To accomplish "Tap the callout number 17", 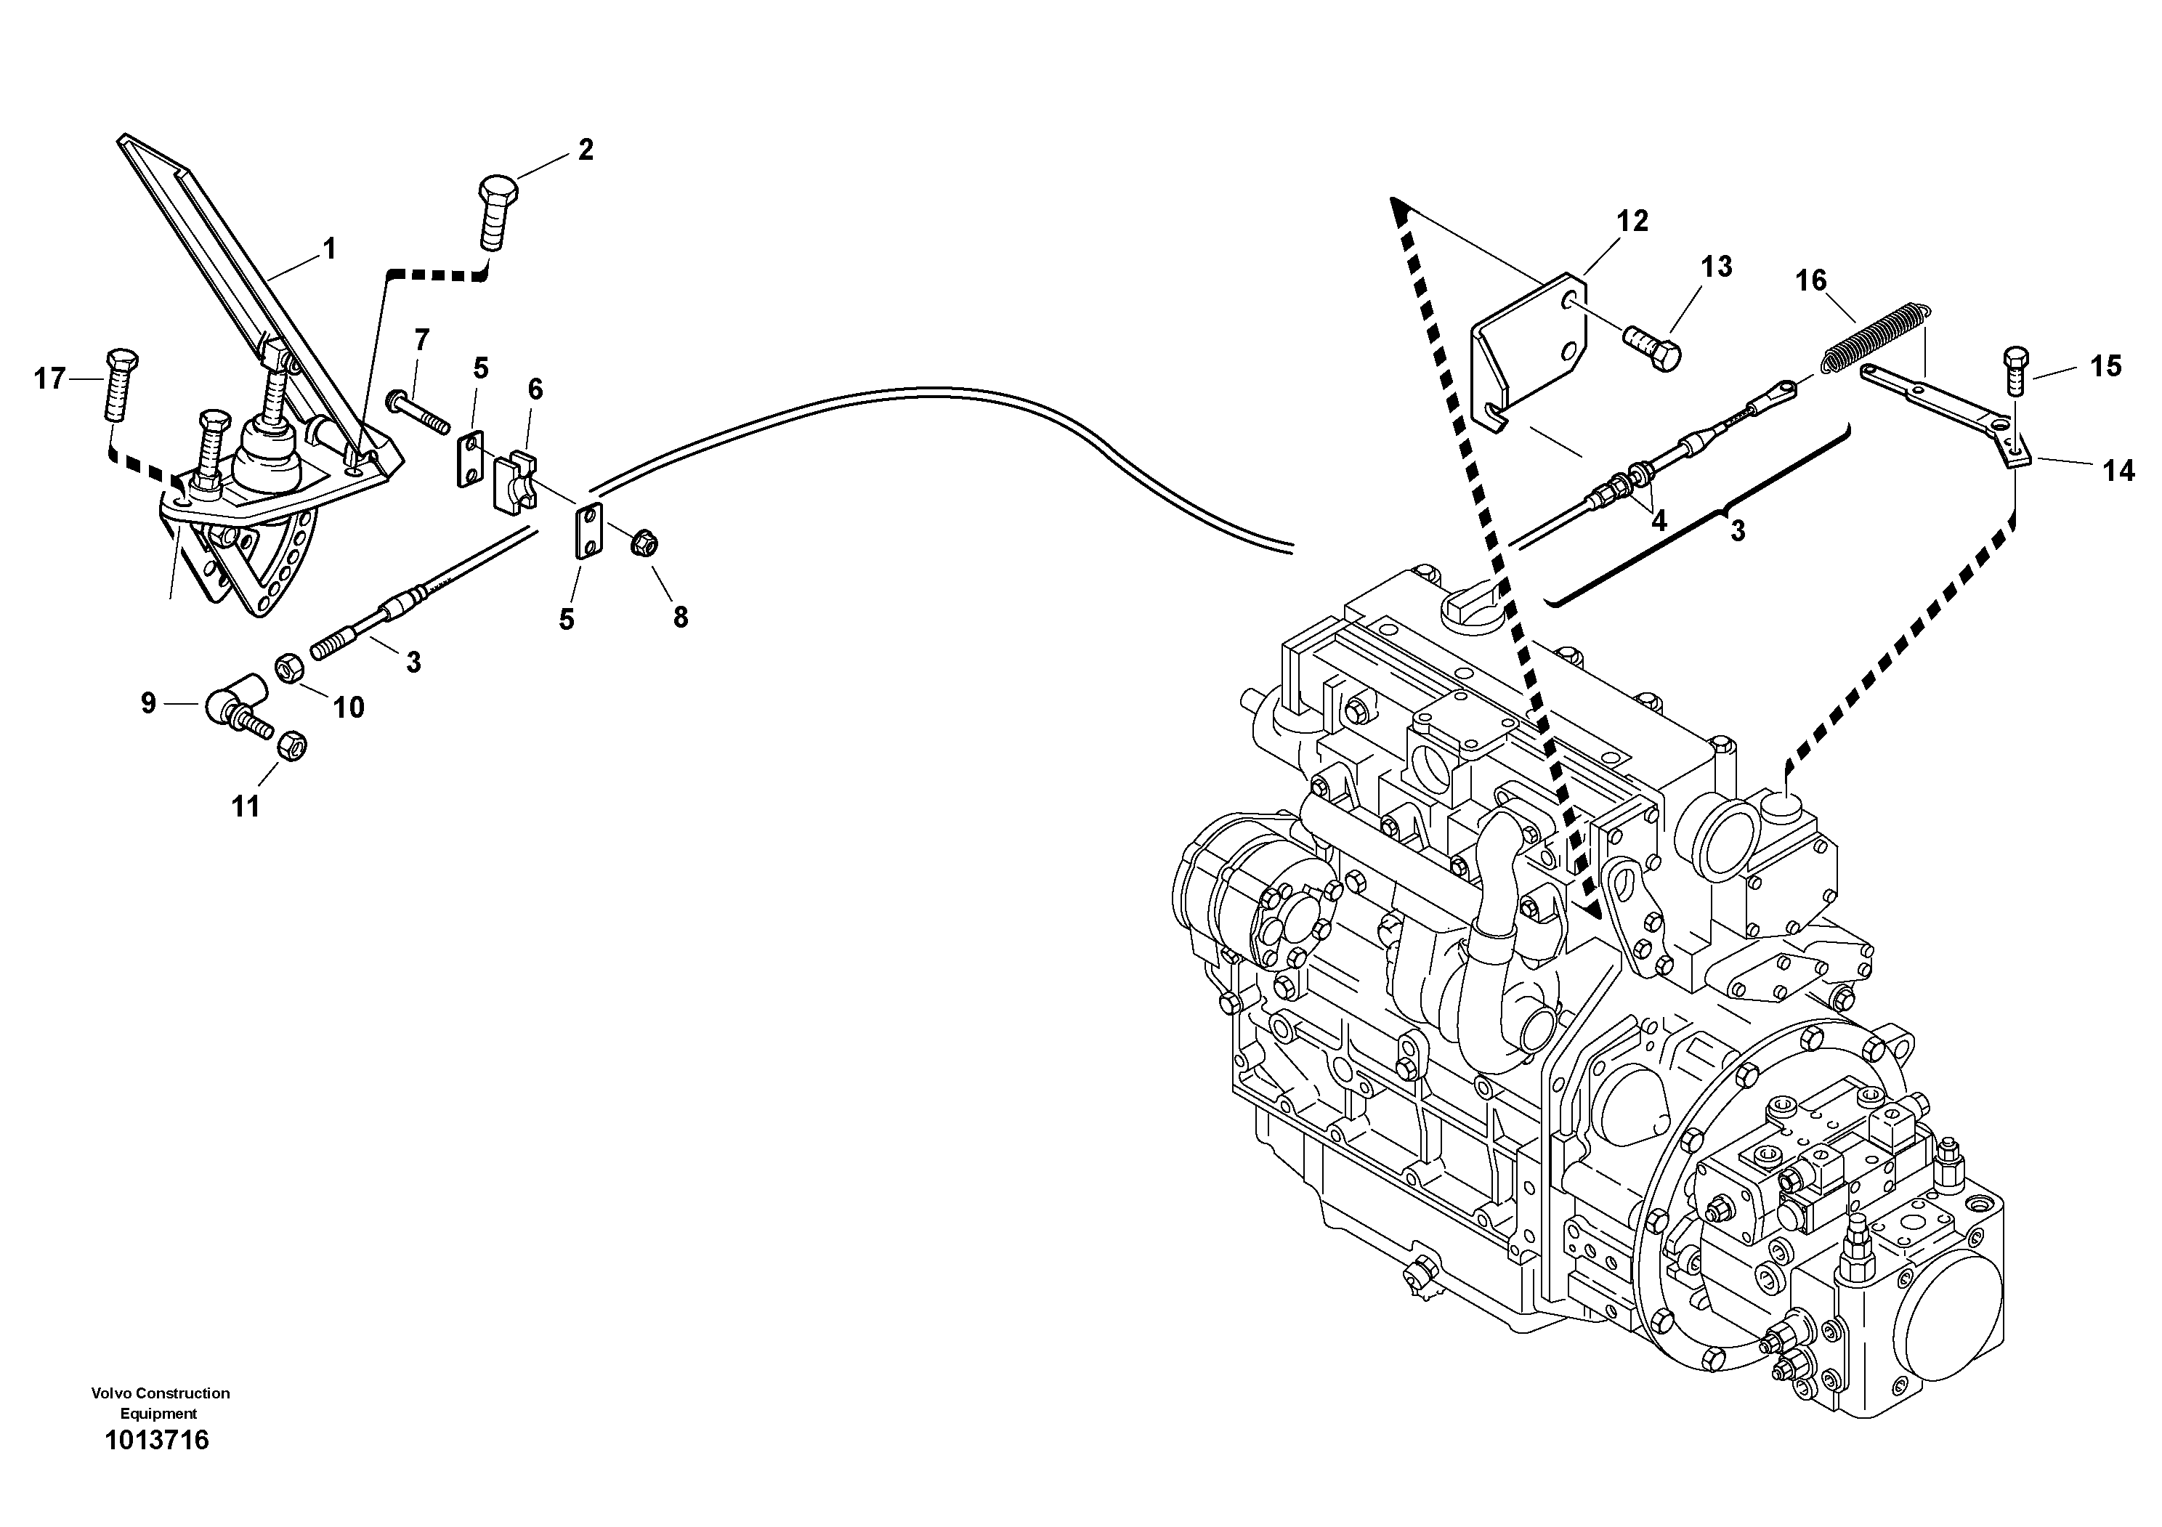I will [x=50, y=379].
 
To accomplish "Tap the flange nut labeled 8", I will [x=644, y=542].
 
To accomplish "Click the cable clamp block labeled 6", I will [x=516, y=482].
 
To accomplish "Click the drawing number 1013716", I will [x=156, y=1441].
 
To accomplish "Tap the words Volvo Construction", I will [x=160, y=1393].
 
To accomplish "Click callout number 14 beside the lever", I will [x=2118, y=471].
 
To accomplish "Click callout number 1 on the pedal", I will [x=328, y=249].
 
